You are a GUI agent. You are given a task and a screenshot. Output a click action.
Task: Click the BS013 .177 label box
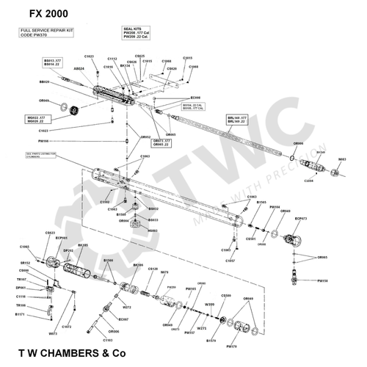(53, 63)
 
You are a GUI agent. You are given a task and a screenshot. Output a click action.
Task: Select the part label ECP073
(301, 218)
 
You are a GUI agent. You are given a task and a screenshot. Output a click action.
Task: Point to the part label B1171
(20, 313)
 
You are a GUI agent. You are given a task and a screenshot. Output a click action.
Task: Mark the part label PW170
(232, 345)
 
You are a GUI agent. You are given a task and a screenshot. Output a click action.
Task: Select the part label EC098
(195, 97)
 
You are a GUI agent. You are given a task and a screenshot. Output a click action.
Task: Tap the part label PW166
(43, 141)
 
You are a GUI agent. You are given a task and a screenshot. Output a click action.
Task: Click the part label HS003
(153, 230)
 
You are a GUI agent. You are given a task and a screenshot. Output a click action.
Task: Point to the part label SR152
(24, 262)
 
